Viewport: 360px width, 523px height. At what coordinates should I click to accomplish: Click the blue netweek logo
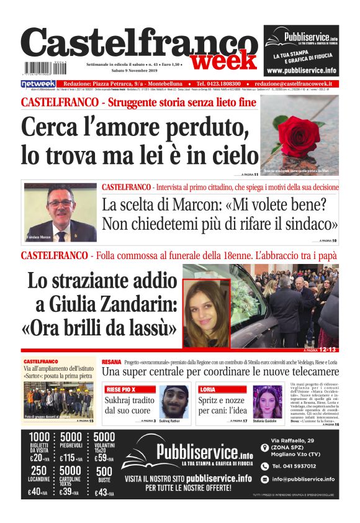[x=38, y=84]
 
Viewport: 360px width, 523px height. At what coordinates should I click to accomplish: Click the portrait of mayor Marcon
[x=61, y=213]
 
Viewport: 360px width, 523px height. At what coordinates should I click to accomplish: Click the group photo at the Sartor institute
[x=58, y=401]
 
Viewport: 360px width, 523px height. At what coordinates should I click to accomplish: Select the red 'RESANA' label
[x=112, y=362]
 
